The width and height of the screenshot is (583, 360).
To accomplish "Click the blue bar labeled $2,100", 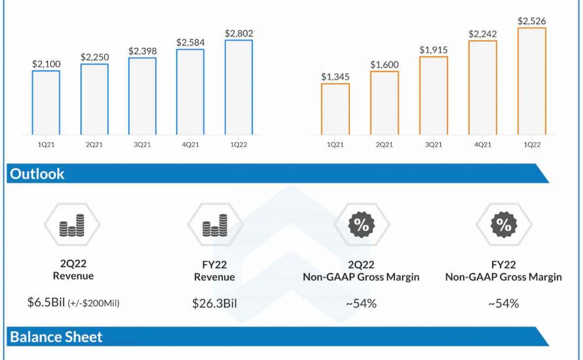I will (46, 102).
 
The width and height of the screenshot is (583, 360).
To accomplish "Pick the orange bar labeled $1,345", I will (335, 109).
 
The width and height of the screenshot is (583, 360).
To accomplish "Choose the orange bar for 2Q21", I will (384, 103).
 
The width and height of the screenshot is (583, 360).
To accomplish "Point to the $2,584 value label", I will (190, 43).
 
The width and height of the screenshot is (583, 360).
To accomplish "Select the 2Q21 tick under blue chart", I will (94, 145).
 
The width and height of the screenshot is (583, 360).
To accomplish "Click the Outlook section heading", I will (37, 174).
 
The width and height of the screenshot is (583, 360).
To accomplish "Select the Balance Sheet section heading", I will (56, 337).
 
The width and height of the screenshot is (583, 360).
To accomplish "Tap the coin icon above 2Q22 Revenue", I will (72, 225).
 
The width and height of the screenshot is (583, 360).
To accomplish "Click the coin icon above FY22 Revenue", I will (215, 225).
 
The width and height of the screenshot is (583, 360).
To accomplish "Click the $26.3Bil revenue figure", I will (214, 303).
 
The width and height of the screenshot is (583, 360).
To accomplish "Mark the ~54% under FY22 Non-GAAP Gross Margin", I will (503, 303).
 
